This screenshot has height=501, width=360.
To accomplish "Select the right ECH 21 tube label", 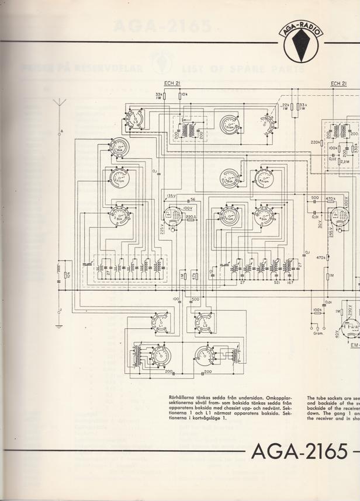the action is pos(338,83).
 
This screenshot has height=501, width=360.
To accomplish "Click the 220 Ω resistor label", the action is pos(190,217).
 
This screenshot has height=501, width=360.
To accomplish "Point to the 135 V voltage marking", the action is pos(171,196).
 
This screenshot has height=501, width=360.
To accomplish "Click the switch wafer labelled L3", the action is pos(135,120).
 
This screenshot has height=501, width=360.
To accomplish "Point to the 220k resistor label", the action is pos(315,142).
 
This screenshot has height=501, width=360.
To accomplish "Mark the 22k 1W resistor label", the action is pos(285,106).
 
